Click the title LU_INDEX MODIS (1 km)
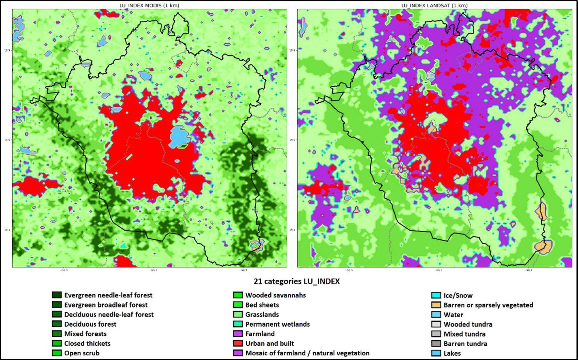[149, 5]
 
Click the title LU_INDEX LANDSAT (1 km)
[434, 5]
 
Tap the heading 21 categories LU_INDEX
[296, 281]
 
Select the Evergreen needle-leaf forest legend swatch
[57, 295]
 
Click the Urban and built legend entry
[269, 343]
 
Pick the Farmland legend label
[260, 334]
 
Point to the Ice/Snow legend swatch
[436, 295]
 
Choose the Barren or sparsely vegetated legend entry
[488, 305]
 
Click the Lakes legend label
[452, 353]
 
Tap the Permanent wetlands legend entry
[277, 324]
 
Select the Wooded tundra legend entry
[468, 324]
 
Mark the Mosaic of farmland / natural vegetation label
[307, 353]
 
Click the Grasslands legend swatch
[238, 314]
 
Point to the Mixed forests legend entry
[85, 334]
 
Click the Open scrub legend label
[82, 353]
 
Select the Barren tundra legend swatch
[436, 344]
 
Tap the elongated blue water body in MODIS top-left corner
[19, 27]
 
